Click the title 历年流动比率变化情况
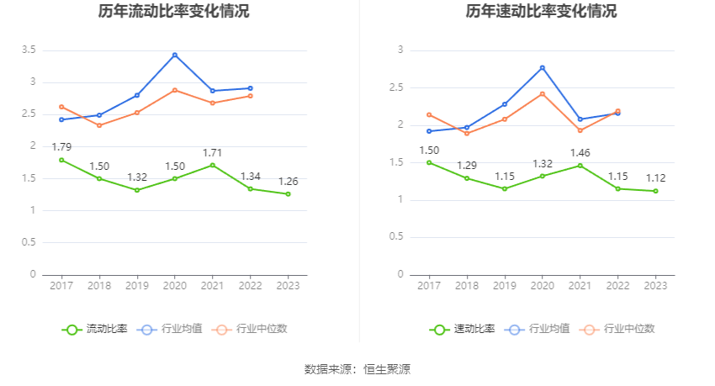point(173,12)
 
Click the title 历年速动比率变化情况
point(541,12)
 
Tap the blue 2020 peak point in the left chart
point(175,55)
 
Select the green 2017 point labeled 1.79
point(61,160)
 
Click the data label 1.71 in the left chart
point(212,152)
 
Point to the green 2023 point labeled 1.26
point(288,194)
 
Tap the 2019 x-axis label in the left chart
point(137,286)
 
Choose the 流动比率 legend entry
point(94,329)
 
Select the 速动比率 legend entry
point(462,329)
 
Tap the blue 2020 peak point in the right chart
point(543,67)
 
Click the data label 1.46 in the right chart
point(580,153)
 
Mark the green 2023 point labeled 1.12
point(655,191)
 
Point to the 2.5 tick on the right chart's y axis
point(396,87)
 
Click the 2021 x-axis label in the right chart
point(580,286)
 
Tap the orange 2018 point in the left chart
point(99,125)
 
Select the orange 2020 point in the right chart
point(543,93)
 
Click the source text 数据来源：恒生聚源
point(357,369)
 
